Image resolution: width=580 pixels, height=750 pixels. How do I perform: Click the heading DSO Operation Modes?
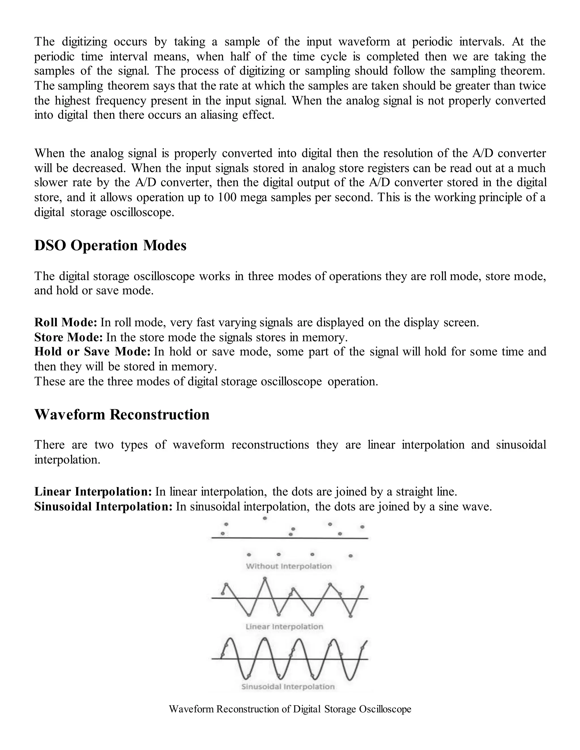(x=110, y=246)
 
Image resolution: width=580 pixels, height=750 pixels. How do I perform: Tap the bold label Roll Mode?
(x=66, y=322)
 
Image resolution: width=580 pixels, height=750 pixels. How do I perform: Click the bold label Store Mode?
(x=68, y=337)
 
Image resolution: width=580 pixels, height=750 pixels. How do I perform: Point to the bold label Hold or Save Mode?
(x=92, y=352)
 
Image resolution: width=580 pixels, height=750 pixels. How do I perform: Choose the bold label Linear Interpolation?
(x=93, y=492)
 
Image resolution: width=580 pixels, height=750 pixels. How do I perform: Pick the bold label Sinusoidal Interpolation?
(x=103, y=507)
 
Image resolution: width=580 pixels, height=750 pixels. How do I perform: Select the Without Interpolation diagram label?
(x=289, y=566)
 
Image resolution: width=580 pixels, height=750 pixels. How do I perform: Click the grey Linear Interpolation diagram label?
(x=284, y=627)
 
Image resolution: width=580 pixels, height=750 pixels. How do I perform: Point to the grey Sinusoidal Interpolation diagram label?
(x=288, y=687)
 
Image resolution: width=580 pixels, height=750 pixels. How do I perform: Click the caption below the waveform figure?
(x=290, y=709)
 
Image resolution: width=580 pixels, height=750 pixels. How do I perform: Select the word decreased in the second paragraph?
(x=100, y=168)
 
